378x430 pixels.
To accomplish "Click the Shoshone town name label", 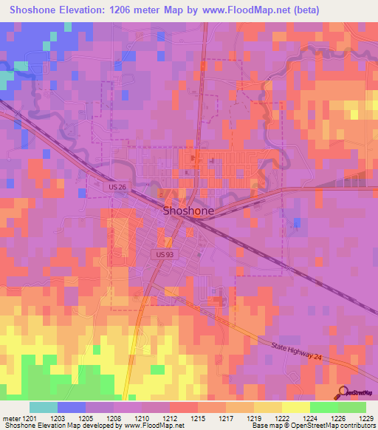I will (188, 211).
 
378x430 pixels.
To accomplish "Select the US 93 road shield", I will (165, 254).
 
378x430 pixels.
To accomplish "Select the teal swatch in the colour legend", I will (43, 407).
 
